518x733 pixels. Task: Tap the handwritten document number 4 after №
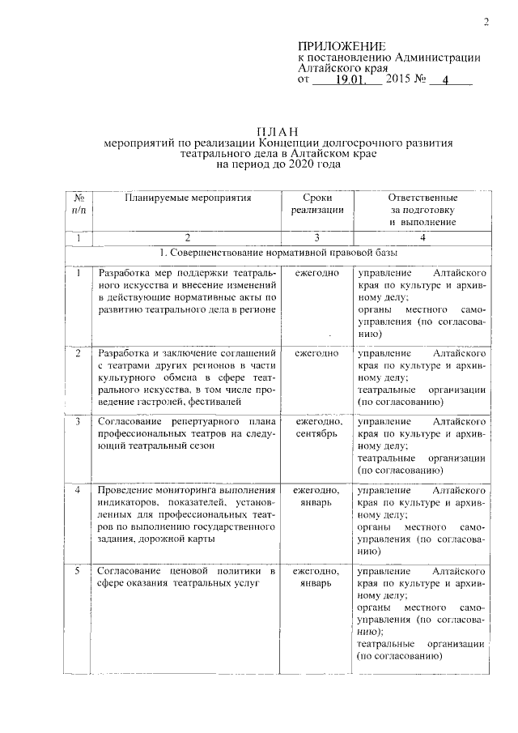coord(444,81)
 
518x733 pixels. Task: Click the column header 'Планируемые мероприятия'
coord(188,198)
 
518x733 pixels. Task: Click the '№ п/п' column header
coord(79,203)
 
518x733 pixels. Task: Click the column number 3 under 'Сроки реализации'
coord(316,237)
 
